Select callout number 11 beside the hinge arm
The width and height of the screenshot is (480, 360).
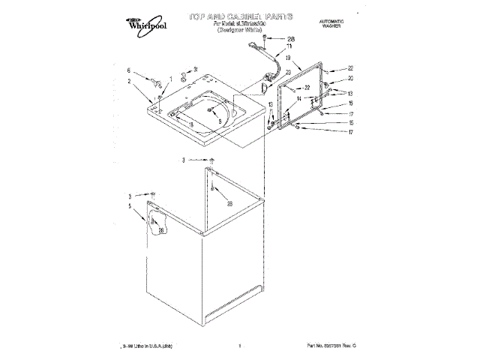pos(288,46)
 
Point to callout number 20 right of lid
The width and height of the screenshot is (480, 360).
pos(349,78)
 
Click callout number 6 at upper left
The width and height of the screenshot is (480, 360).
pos(128,70)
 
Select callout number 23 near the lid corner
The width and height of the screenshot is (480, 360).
pos(288,73)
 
